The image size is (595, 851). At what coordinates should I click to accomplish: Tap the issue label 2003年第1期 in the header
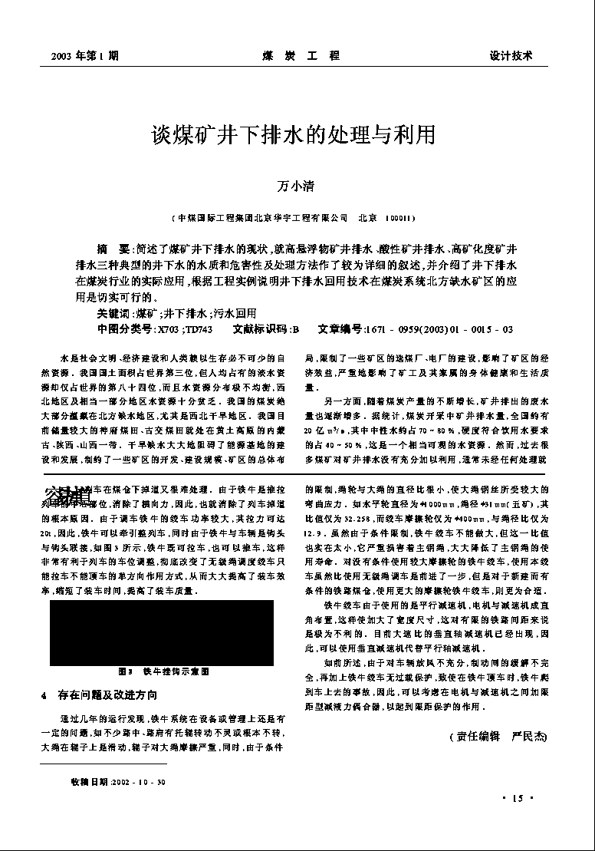click(84, 56)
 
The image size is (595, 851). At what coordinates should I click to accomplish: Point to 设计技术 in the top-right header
click(511, 56)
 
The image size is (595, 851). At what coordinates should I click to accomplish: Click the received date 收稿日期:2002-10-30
click(117, 782)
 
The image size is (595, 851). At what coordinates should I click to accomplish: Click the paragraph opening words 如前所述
click(341, 662)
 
